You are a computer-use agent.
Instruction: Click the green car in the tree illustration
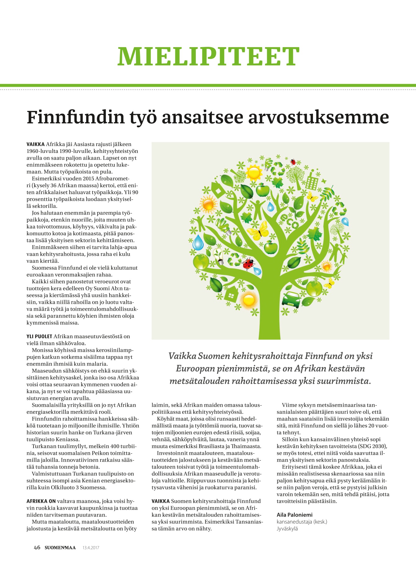coord(292,298)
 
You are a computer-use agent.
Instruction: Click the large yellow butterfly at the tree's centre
coord(258,231)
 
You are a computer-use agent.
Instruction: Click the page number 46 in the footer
coord(37,547)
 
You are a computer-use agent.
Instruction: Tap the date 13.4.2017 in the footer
coord(91,548)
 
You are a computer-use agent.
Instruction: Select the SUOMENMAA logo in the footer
coord(60,548)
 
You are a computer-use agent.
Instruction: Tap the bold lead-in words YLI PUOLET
coord(39,336)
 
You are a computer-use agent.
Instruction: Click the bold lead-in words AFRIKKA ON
coord(41,501)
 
